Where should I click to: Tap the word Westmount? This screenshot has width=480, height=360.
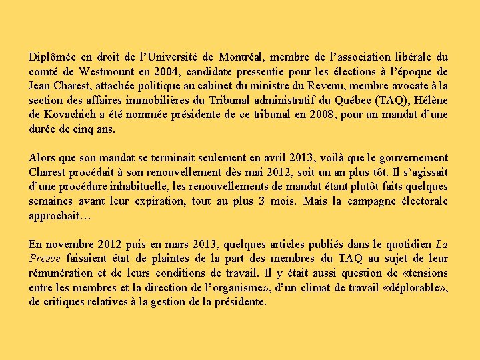click(x=107, y=72)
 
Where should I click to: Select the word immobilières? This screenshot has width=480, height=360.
click(x=160, y=101)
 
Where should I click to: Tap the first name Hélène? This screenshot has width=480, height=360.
click(x=431, y=101)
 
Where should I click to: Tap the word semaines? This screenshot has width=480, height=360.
click(x=51, y=201)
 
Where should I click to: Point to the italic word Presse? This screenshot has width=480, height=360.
click(x=45, y=259)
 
